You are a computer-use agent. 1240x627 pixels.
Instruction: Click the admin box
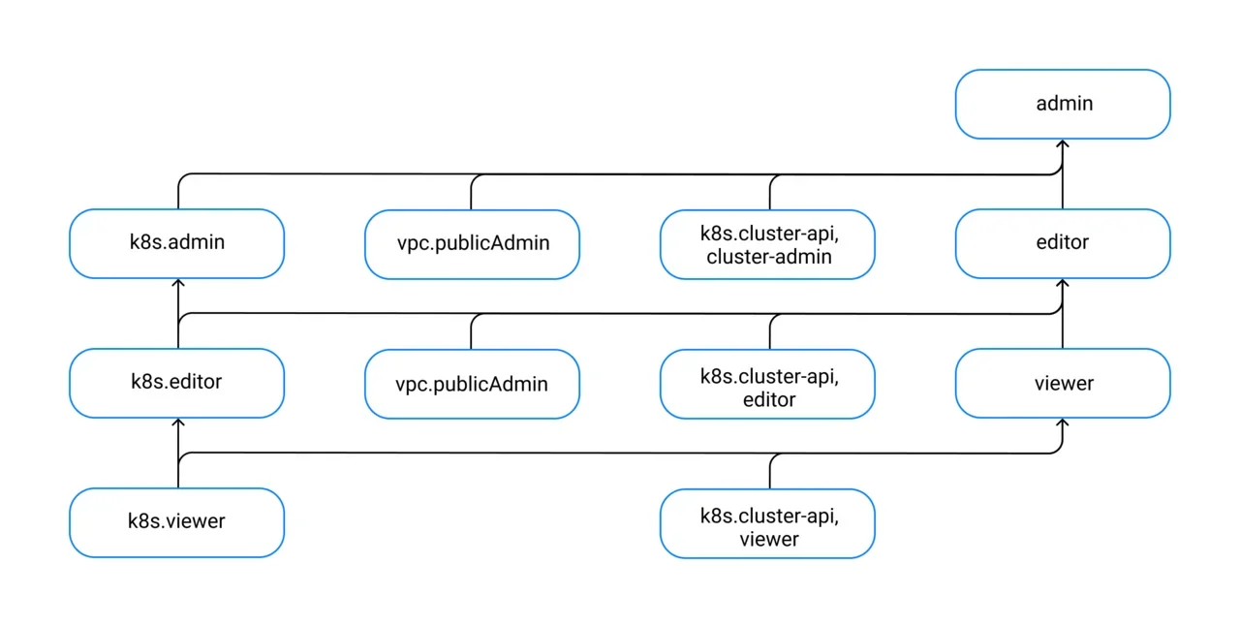pyautogui.click(x=1063, y=104)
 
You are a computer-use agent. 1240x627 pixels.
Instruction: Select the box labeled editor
pyautogui.click(x=1063, y=243)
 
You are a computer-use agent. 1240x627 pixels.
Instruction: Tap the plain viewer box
pyautogui.click(x=1063, y=384)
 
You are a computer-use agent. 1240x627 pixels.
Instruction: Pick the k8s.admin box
pyautogui.click(x=176, y=243)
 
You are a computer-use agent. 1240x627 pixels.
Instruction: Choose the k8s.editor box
pyautogui.click(x=176, y=384)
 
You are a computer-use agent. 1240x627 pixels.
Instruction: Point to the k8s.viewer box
pyautogui.click(x=176, y=523)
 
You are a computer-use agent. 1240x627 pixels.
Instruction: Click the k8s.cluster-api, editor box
pyautogui.click(x=767, y=385)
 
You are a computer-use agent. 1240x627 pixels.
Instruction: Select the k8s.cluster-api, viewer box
pyautogui.click(x=767, y=524)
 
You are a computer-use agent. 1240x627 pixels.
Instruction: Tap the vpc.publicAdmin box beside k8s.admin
pyautogui.click(x=472, y=245)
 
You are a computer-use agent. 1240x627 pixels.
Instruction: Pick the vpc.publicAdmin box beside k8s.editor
pyautogui.click(x=472, y=385)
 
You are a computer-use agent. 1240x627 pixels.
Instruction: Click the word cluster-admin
pyautogui.click(x=769, y=257)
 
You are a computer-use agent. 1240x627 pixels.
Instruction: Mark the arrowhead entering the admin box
pyautogui.click(x=1063, y=144)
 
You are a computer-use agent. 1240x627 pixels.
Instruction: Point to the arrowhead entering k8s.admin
pyautogui.click(x=178, y=284)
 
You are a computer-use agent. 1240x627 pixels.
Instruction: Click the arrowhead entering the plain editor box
pyautogui.click(x=1063, y=284)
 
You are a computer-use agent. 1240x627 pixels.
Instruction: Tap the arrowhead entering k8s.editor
pyautogui.click(x=178, y=423)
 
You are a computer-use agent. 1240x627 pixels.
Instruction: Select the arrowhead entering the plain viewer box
pyautogui.click(x=1063, y=423)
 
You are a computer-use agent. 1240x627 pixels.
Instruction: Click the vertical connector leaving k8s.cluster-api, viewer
pyautogui.click(x=770, y=471)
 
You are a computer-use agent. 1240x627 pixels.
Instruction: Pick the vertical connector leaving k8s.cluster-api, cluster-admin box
pyautogui.click(x=770, y=192)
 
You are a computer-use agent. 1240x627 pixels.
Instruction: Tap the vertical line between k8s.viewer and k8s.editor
pyautogui.click(x=178, y=454)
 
